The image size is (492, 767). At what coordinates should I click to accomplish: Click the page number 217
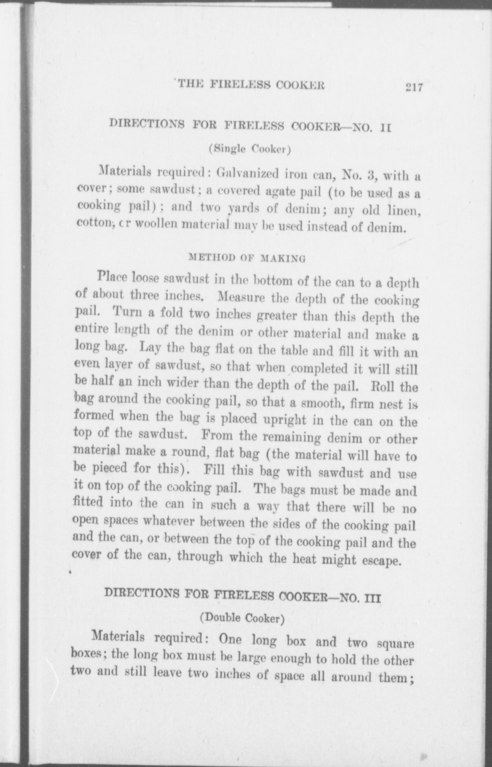(413, 87)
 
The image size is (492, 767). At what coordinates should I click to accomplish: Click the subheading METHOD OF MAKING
(246, 258)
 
